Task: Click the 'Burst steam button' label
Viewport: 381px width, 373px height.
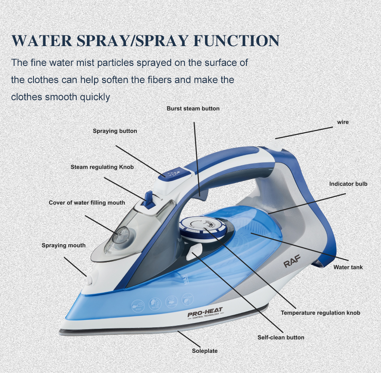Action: (193, 109)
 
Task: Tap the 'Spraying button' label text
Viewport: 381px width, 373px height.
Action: (115, 131)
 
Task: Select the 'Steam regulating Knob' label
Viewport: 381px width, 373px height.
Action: (102, 167)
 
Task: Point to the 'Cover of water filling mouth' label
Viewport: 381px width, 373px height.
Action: (87, 203)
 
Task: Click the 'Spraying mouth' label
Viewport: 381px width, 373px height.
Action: (64, 245)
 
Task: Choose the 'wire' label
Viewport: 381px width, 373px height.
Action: (343, 122)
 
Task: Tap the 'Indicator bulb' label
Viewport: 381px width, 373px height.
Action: (348, 184)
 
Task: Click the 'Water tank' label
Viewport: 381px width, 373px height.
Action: (348, 267)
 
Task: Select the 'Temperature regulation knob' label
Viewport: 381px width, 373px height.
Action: (320, 313)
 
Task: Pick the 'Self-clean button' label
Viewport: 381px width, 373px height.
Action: (281, 338)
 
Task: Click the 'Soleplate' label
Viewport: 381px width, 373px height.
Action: (205, 351)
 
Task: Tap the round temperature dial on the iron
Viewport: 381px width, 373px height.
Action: (203, 229)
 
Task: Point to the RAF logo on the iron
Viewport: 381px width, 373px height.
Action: (292, 261)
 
